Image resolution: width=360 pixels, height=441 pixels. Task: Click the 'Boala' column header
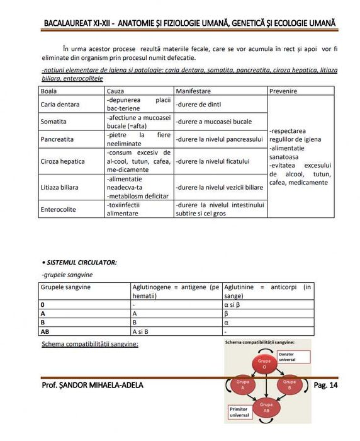49,91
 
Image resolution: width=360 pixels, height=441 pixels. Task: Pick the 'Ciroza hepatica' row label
62,161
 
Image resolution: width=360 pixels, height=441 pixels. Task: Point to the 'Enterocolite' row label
59,209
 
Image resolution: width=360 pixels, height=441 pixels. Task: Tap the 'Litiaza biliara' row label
62,187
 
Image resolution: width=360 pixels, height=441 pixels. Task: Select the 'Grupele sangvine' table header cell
65,287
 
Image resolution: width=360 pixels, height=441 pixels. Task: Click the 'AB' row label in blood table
45,331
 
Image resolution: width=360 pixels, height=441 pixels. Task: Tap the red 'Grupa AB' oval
265,406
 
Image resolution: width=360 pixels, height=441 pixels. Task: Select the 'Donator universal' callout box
295,357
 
